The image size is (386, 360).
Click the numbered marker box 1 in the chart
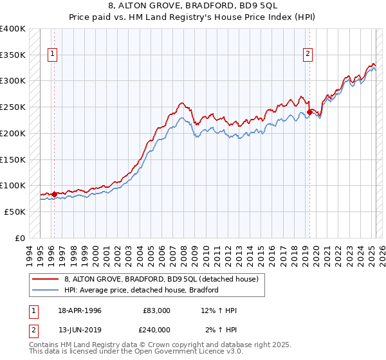point(51,55)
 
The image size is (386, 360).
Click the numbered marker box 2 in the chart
point(309,55)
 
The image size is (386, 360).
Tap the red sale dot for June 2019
point(309,112)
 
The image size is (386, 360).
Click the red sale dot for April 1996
point(54,194)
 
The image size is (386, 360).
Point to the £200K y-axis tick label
point(13,133)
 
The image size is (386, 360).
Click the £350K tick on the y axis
point(13,55)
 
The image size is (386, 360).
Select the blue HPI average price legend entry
point(142,290)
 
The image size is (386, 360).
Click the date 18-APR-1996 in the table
point(80,310)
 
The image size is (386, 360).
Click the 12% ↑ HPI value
point(218,310)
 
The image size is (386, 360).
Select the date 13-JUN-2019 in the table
point(80,329)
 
